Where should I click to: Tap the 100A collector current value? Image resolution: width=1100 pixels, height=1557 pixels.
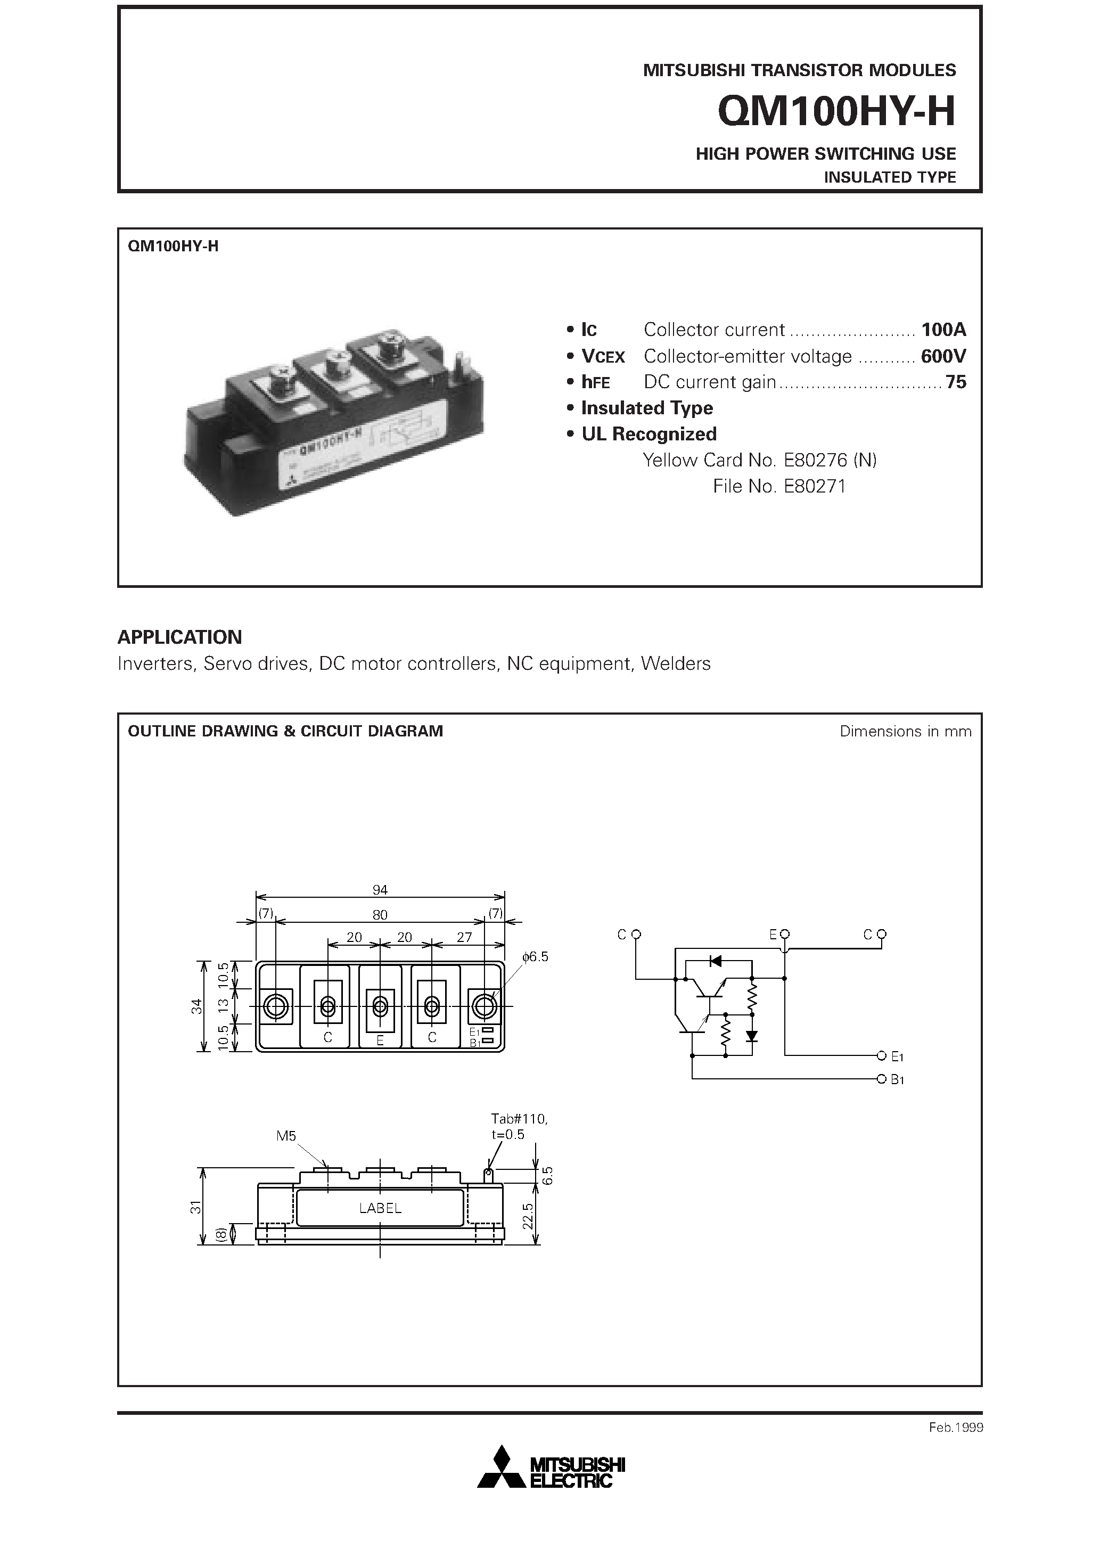click(x=942, y=330)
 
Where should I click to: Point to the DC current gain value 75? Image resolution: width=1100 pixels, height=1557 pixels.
click(x=956, y=382)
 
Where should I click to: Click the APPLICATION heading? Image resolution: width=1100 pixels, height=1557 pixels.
click(x=180, y=637)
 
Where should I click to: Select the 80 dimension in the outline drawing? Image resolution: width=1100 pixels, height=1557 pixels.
click(x=380, y=915)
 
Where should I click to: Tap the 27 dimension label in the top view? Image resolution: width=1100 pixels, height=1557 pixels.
click(x=464, y=937)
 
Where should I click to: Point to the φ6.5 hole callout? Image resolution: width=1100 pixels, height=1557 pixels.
click(x=535, y=957)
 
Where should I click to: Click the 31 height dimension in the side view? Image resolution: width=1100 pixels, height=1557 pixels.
click(x=196, y=1207)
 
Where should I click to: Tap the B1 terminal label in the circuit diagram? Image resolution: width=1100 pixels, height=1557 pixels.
click(x=897, y=1079)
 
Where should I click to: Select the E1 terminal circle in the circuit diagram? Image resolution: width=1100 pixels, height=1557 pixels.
click(x=881, y=1056)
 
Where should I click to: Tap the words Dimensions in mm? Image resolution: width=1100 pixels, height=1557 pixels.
click(x=905, y=731)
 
